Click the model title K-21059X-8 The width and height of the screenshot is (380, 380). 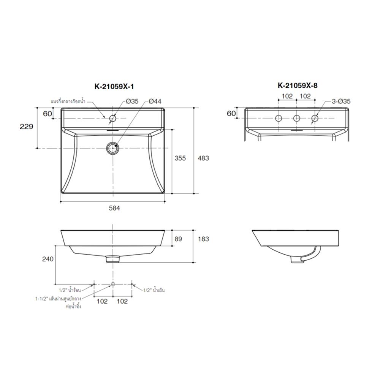298,85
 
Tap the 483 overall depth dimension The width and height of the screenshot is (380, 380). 203,158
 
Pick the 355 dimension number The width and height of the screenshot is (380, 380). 180,158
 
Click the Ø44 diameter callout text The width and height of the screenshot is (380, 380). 155,101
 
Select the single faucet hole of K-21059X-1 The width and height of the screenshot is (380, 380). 112,119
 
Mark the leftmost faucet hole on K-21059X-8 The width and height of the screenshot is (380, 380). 279,119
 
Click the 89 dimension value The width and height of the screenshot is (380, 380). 178,239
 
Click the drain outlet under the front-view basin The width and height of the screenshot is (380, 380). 112,259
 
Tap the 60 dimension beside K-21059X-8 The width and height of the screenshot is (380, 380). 231,113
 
